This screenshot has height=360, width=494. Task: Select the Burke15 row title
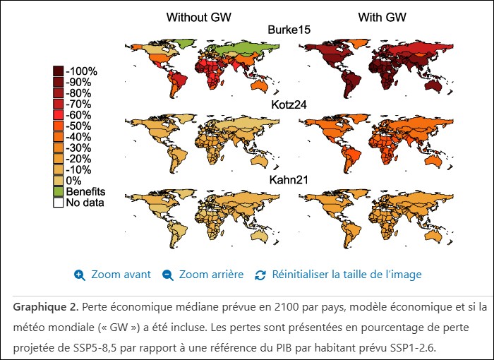tap(289, 29)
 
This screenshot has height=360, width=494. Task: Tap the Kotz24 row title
tap(289, 105)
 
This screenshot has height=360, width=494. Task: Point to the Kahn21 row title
tap(289, 181)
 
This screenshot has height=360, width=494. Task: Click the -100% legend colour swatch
tap(59, 71)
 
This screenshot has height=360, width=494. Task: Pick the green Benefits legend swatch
tap(59, 192)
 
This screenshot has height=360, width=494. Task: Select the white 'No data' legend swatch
tap(59, 203)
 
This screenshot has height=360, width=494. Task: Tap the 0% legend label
tap(73, 181)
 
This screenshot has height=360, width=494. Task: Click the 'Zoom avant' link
tap(121, 275)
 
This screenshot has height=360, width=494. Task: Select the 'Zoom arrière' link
tap(211, 275)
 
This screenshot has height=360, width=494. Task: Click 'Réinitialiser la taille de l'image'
tap(347, 275)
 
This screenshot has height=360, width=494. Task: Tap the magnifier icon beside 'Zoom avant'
tap(80, 275)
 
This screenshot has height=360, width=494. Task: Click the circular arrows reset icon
tap(260, 275)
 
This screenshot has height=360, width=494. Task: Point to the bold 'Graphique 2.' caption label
tap(44, 308)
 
